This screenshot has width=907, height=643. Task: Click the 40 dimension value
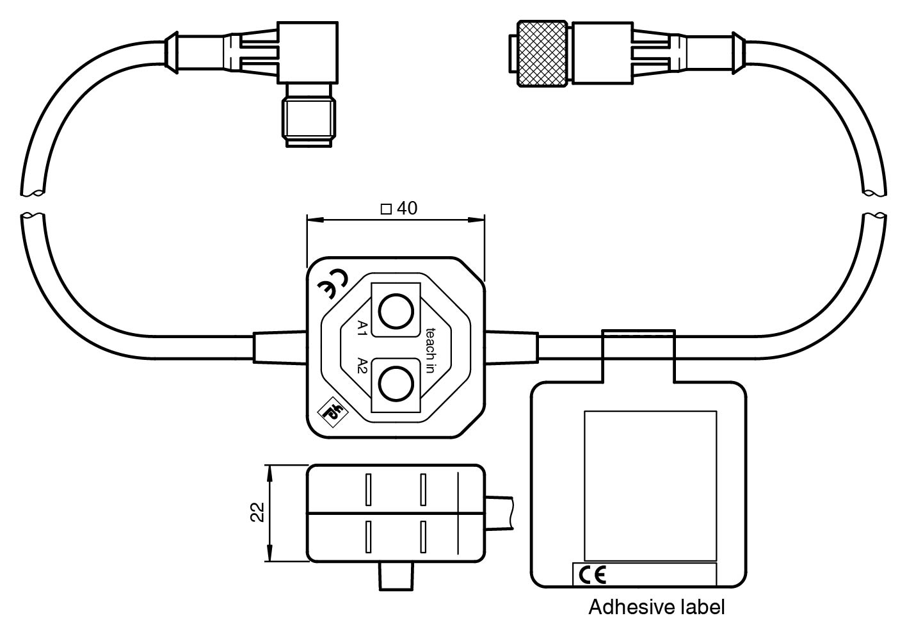(407, 209)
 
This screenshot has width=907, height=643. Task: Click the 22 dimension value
(257, 512)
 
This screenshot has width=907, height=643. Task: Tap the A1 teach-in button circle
(395, 311)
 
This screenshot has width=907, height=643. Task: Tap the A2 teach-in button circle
(395, 384)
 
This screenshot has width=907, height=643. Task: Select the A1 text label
(362, 329)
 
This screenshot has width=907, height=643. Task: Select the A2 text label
(362, 366)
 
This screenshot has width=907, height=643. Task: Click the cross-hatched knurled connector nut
(543, 53)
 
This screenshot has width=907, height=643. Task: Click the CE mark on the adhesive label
(591, 576)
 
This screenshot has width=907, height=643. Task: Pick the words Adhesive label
(656, 607)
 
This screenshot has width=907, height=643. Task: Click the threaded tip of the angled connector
(309, 123)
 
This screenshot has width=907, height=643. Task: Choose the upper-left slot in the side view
(369, 489)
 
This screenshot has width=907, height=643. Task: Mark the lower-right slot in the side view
(423, 537)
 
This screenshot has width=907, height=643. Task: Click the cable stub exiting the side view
(499, 512)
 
